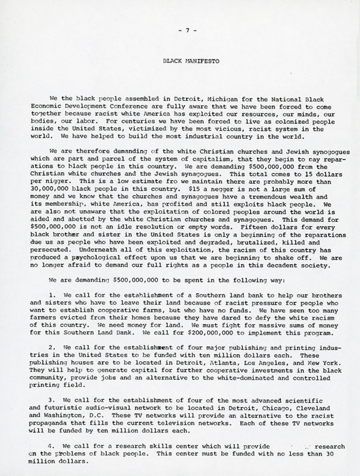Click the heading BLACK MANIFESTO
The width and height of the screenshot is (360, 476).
click(179, 61)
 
